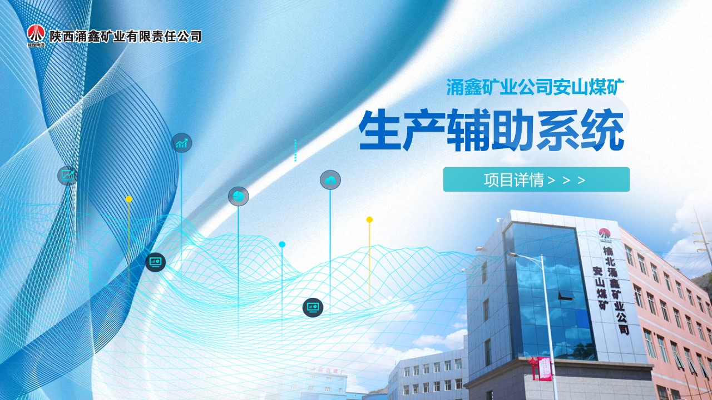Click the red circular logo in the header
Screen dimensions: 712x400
pos(36,34)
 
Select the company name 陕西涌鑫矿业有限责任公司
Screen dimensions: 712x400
pos(125,36)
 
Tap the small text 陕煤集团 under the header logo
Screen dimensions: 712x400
pos(36,45)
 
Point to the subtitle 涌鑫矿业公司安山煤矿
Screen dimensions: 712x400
pos(535,87)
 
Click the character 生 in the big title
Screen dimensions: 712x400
pos(380,129)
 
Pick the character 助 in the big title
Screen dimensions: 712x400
pos(512,129)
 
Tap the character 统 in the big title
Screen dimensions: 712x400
pos(602,129)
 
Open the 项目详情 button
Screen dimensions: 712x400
pos(536,179)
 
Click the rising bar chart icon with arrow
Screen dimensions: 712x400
pos(182,143)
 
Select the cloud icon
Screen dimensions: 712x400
pos(330,180)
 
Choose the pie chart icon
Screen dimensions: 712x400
pos(239,196)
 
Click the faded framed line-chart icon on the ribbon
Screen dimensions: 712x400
pos(68,176)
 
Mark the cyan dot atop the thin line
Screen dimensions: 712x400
pos(282,244)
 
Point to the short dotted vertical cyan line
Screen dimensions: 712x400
pos(295,150)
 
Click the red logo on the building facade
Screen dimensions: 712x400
pos(605,233)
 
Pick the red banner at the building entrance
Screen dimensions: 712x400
pos(544,368)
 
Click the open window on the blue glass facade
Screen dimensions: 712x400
pos(566,296)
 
